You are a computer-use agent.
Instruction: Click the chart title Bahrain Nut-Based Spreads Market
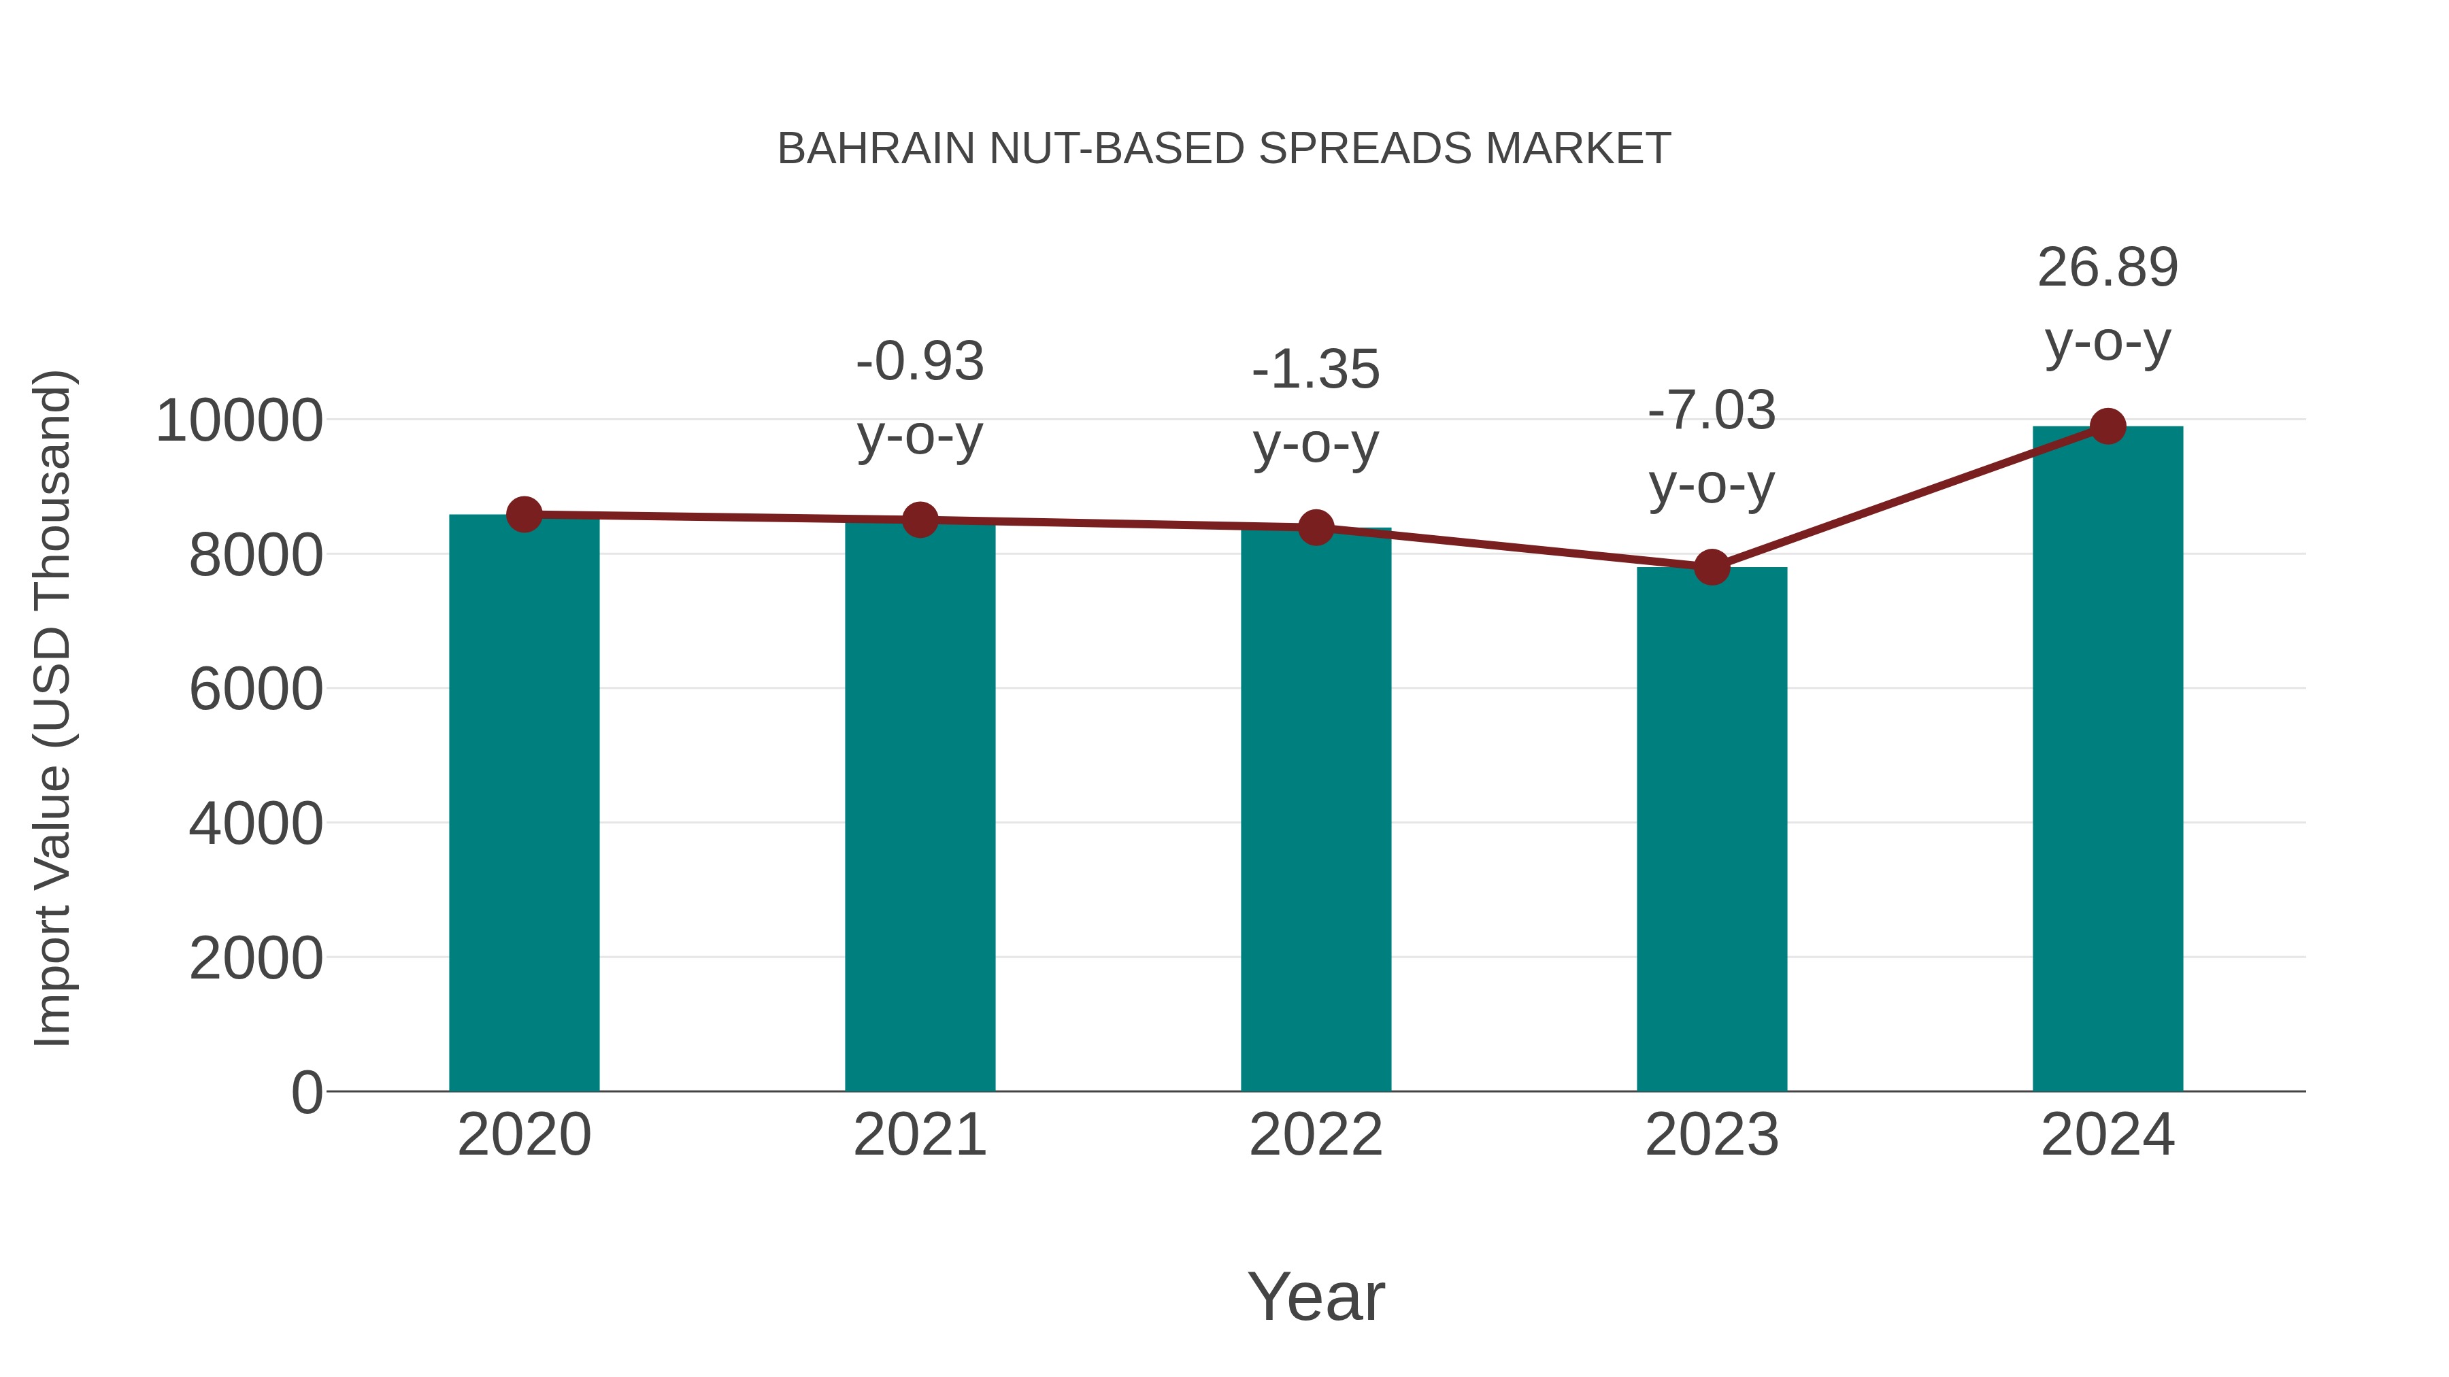[x=1224, y=149]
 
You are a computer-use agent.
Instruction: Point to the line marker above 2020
[x=524, y=515]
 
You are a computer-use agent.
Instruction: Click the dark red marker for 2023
[x=1712, y=567]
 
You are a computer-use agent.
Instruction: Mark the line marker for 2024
[x=2107, y=426]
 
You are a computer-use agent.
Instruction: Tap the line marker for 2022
[x=1316, y=528]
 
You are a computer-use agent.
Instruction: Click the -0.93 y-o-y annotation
[x=919, y=398]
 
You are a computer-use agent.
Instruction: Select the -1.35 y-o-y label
[x=1316, y=406]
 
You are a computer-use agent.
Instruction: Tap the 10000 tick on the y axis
[x=239, y=420]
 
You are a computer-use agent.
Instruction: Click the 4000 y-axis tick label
[x=256, y=824]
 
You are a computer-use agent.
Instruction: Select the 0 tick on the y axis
[x=306, y=1093]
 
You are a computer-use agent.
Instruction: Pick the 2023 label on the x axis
[x=1712, y=1135]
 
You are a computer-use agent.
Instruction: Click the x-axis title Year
[x=1316, y=1296]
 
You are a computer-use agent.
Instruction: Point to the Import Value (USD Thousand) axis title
[x=52, y=708]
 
